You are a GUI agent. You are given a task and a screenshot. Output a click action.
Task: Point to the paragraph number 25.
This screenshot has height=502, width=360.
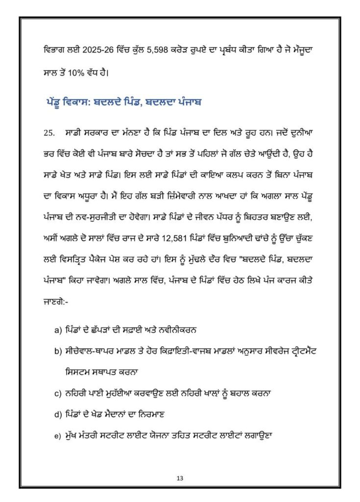48,133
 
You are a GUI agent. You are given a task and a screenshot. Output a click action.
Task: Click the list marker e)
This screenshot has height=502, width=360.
58,435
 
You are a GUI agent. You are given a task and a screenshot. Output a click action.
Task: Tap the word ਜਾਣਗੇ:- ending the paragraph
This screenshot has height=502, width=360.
56,302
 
